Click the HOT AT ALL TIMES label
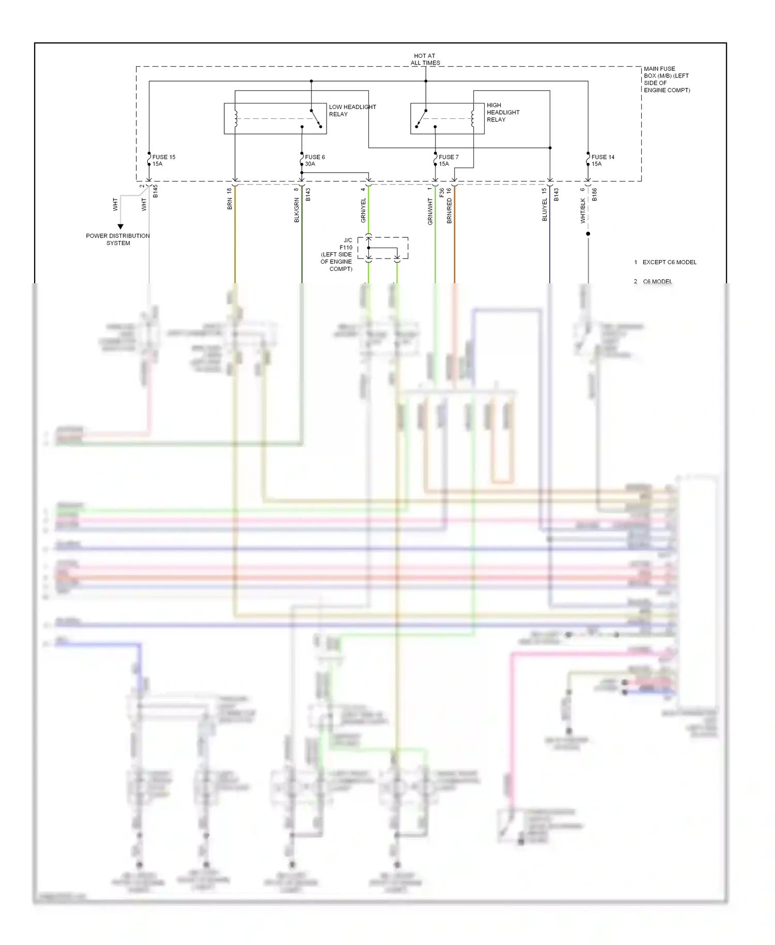click(x=425, y=59)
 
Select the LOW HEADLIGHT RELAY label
click(x=352, y=111)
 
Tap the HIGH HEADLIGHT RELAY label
click(x=502, y=112)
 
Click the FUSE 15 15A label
click(x=163, y=160)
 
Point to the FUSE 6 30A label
click(x=314, y=160)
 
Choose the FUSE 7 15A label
click(x=448, y=160)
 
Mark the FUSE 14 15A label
click(x=602, y=160)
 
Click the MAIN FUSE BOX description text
click(x=666, y=79)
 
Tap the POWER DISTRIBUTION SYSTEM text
click(x=118, y=239)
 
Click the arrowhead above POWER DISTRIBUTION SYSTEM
click(x=120, y=226)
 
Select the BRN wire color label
click(x=230, y=204)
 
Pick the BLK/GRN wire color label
click(x=297, y=210)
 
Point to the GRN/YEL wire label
click(x=363, y=210)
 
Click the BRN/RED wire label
click(x=450, y=210)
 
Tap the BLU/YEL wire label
click(x=545, y=210)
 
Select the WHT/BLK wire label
click(x=583, y=210)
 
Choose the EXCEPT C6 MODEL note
click(x=669, y=262)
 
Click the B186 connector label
click(x=595, y=194)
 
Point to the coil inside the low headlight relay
click(x=236, y=118)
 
